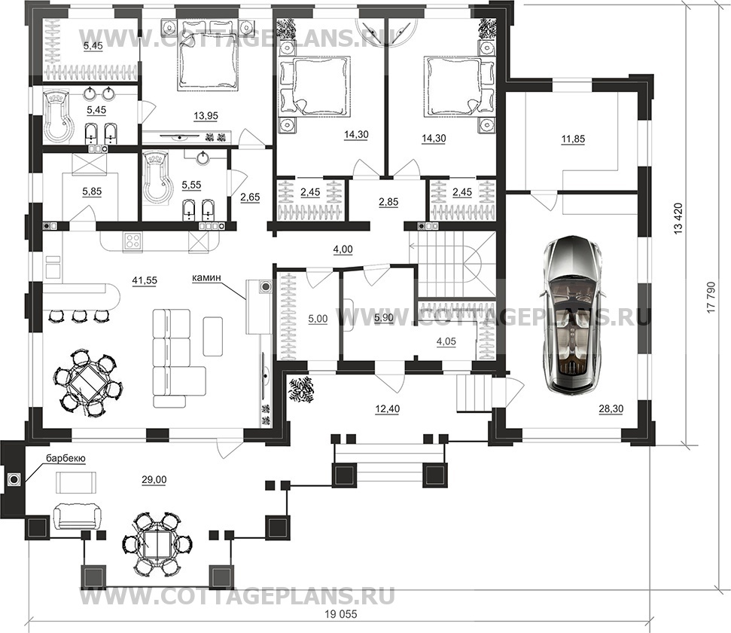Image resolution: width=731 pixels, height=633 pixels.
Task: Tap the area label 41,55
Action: click(x=145, y=280)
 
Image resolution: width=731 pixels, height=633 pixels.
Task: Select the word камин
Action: click(x=206, y=278)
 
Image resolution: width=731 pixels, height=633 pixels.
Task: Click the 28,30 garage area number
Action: click(x=611, y=409)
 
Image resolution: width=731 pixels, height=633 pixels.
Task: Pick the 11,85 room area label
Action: click(x=573, y=139)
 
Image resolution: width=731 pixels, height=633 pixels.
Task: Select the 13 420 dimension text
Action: click(x=678, y=218)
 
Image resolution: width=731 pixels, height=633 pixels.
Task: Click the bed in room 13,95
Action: click(x=206, y=56)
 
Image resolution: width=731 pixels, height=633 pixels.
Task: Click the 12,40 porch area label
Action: click(x=388, y=409)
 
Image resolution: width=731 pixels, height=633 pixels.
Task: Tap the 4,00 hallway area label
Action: click(x=343, y=249)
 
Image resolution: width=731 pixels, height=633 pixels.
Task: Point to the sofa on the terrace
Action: click(x=76, y=516)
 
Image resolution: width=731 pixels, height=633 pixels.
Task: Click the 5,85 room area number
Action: click(x=91, y=191)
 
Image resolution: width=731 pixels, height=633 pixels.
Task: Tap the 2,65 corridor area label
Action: click(x=250, y=197)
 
